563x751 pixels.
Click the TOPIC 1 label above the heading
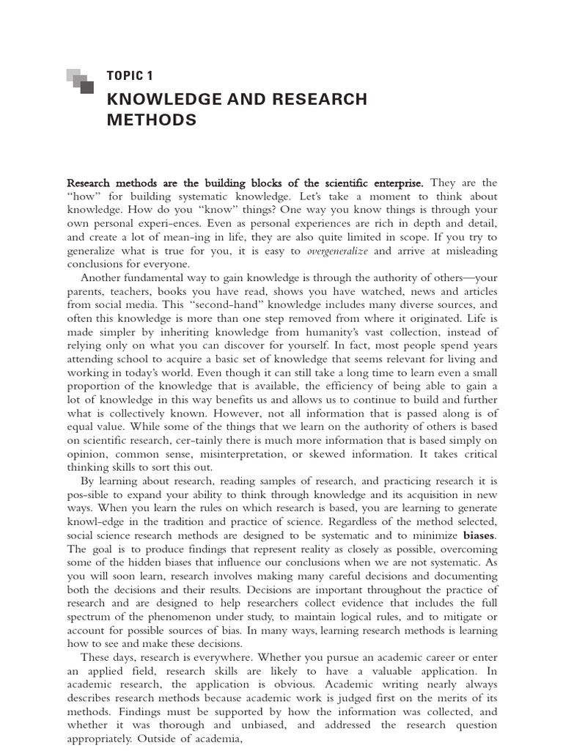(130, 76)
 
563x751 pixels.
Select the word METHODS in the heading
(152, 120)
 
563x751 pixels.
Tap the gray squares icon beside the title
(80, 81)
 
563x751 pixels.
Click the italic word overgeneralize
(337, 251)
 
